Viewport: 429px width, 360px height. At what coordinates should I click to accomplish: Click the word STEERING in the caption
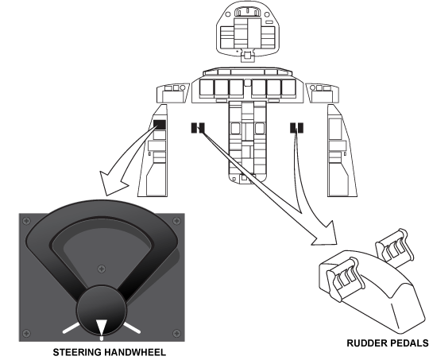[x=76, y=352]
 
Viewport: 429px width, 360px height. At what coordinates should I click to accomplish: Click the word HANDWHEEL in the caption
[x=134, y=352]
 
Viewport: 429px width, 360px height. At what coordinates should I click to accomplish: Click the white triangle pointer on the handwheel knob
[x=101, y=327]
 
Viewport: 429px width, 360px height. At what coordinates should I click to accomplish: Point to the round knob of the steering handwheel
[x=102, y=310]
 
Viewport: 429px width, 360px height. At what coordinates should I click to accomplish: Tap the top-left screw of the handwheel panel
[x=26, y=221]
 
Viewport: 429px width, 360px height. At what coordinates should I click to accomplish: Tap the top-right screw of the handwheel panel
[x=177, y=221]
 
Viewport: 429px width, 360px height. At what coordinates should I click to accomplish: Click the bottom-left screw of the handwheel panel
[x=26, y=333]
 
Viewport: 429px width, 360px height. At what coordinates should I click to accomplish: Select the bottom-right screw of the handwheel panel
[x=177, y=333]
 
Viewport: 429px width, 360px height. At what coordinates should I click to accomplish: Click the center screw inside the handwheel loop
[x=102, y=269]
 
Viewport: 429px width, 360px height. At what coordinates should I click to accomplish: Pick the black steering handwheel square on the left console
[x=160, y=125]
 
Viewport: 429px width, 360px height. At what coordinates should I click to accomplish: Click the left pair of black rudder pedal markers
[x=198, y=128]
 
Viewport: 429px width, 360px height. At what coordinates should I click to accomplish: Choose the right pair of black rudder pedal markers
[x=296, y=128]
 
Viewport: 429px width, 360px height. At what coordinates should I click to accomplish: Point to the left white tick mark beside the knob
[x=71, y=327]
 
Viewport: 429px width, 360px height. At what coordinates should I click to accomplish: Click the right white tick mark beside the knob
[x=132, y=327]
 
